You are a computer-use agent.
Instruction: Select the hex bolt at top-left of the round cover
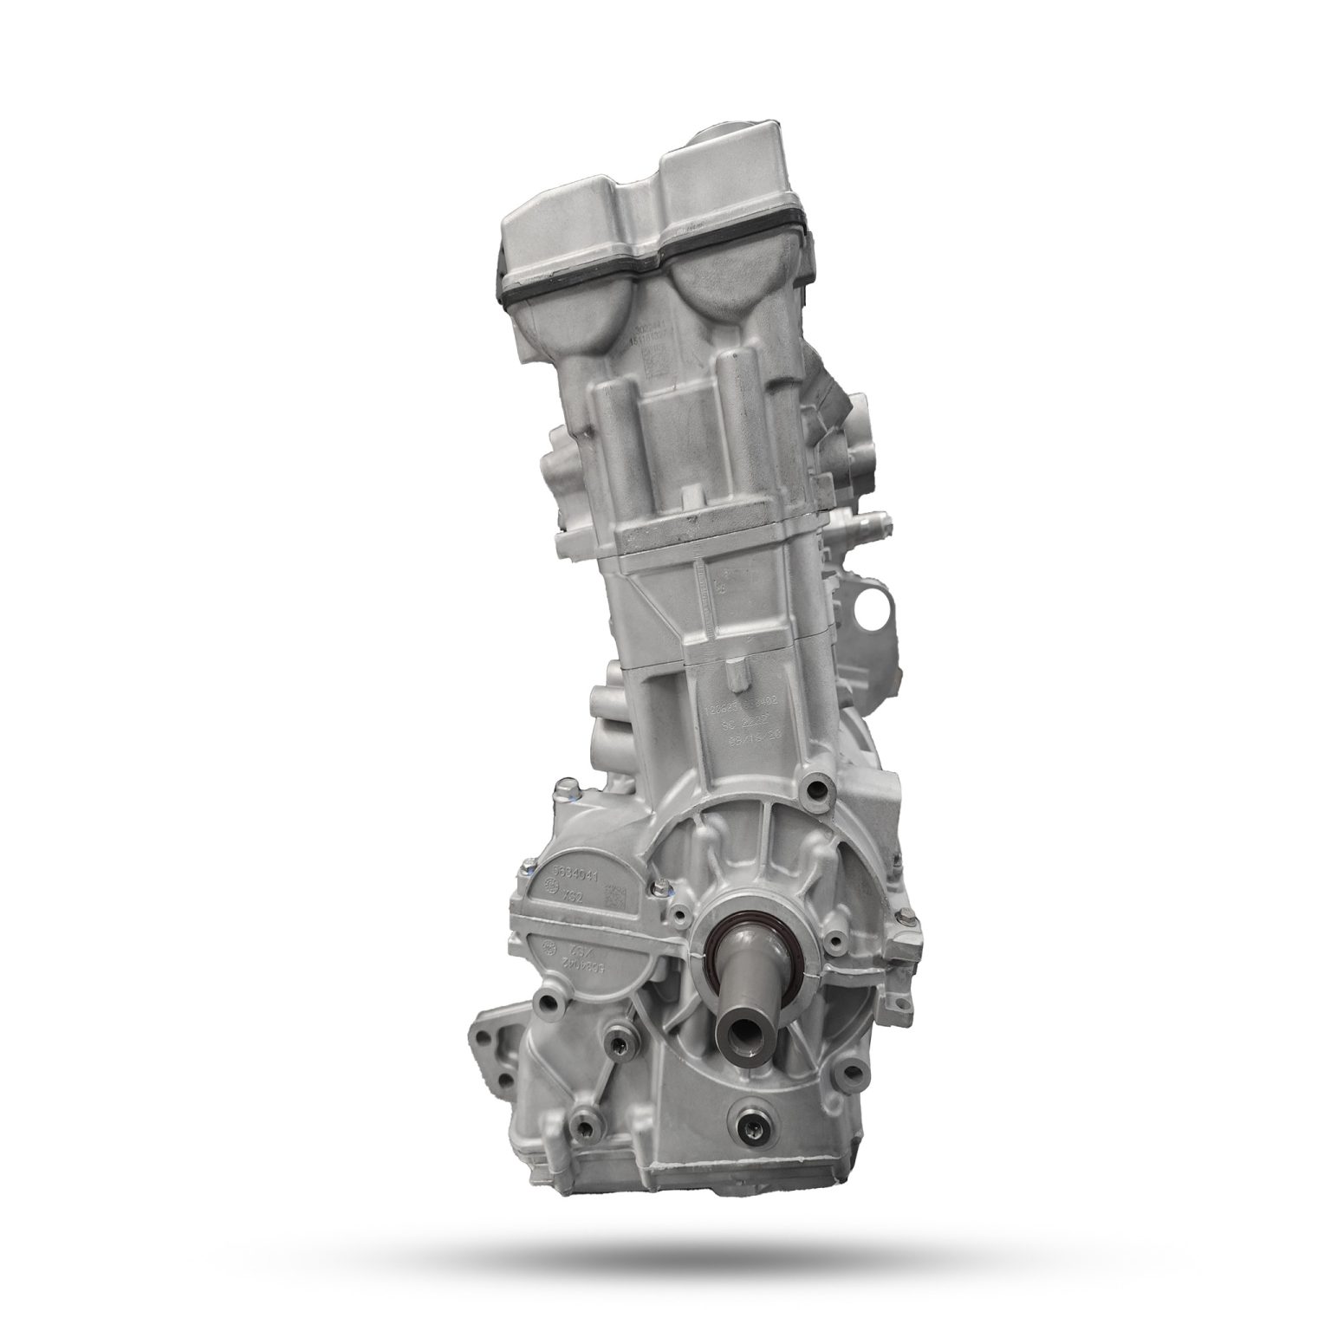point(567,791)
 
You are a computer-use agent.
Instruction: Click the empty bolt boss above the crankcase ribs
point(815,789)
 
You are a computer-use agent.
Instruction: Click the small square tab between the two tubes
point(691,498)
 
